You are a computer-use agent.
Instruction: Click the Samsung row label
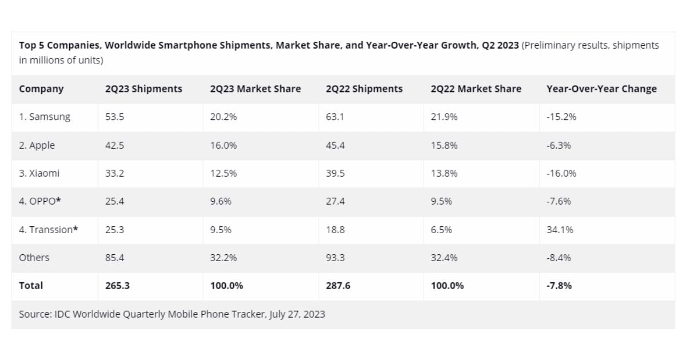point(45,117)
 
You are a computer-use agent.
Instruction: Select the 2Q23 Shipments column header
point(143,89)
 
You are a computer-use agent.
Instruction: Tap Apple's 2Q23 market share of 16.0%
point(222,145)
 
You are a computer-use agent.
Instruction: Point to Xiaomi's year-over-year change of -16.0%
point(561,173)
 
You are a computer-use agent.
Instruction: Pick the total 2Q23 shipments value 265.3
point(117,286)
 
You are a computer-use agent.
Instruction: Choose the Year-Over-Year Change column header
point(601,89)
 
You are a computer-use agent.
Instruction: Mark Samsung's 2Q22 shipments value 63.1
point(335,117)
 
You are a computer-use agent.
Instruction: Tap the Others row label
point(34,258)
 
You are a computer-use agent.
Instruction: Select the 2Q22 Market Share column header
point(476,89)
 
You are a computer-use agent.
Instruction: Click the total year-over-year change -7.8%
point(559,286)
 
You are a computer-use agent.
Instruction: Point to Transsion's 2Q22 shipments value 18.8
point(335,230)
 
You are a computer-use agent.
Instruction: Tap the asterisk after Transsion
point(75,229)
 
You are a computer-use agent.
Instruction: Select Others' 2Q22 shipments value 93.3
point(335,258)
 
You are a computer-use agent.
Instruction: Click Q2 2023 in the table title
point(500,45)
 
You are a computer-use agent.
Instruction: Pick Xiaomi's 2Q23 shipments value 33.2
point(114,173)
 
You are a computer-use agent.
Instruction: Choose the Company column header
point(41,89)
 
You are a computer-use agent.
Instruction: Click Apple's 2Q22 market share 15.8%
point(444,145)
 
